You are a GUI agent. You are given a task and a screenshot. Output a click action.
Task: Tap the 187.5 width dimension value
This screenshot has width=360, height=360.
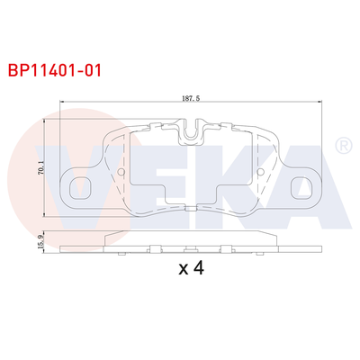tap(188, 101)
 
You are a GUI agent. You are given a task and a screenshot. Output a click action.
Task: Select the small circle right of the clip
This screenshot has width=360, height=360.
tap(259, 172)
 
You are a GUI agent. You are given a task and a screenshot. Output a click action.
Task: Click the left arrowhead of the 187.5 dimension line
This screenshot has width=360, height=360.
tap(61, 108)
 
